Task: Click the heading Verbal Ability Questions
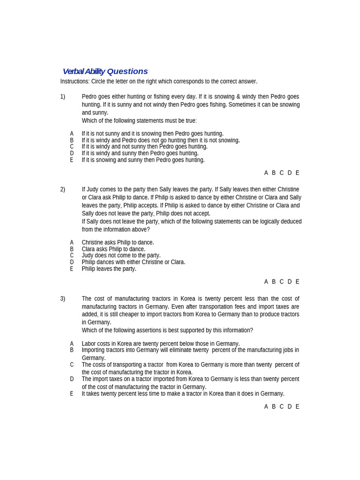(105, 71)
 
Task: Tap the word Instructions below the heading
(75, 82)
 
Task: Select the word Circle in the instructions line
(99, 82)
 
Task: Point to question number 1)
(63, 97)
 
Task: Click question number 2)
(63, 189)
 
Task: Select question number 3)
(63, 299)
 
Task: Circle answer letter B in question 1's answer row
(274, 173)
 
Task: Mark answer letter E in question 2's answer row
(297, 282)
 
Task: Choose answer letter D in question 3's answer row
(290, 406)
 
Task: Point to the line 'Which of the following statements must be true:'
(139, 120)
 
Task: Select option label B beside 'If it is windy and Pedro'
(72, 140)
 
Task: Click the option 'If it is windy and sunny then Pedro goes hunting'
(140, 153)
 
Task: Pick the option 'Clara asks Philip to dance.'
(113, 249)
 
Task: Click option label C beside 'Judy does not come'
(72, 255)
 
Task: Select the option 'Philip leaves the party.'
(109, 269)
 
